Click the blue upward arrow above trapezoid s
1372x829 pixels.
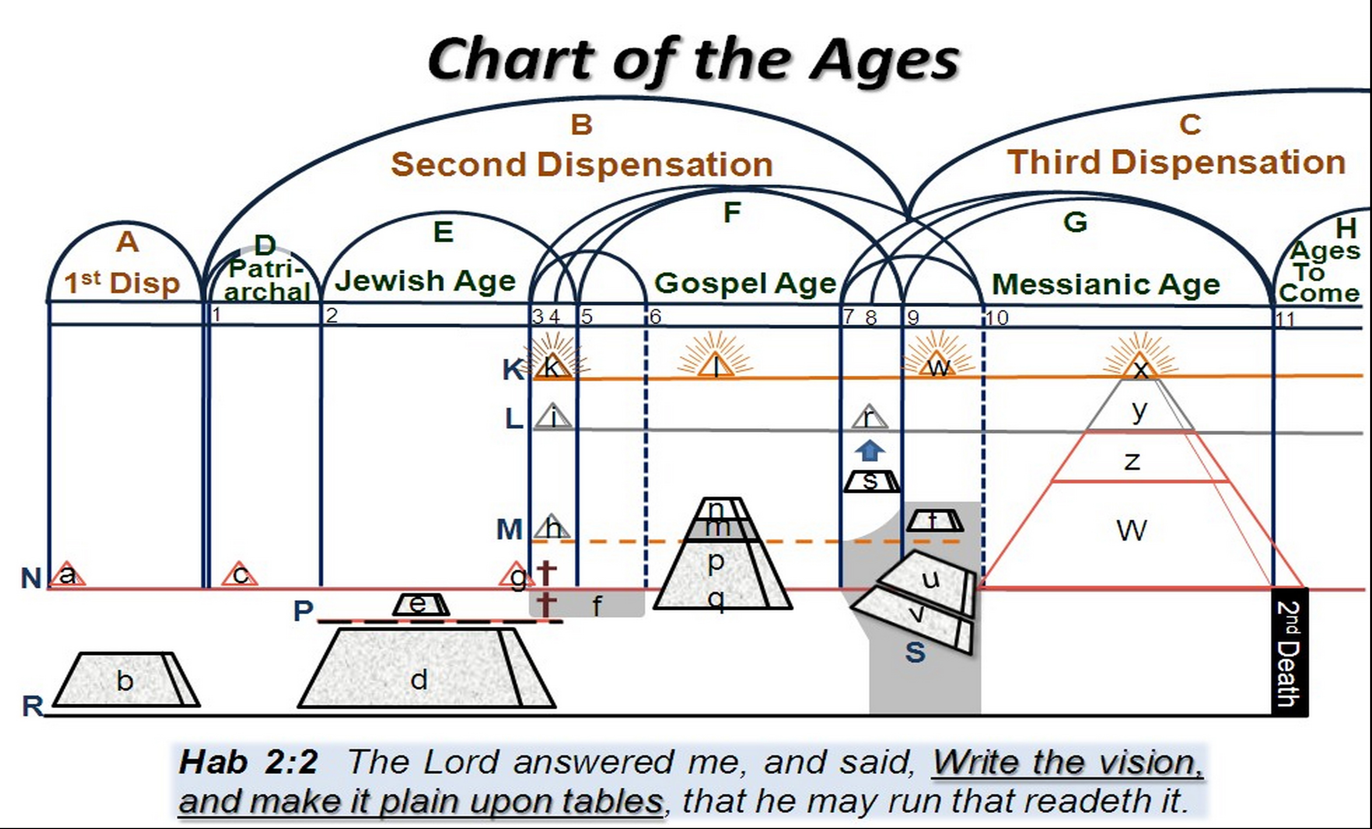pos(869,451)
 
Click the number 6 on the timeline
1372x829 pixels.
pos(655,317)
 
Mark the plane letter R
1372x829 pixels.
pos(32,706)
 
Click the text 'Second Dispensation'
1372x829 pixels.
pos(582,165)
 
